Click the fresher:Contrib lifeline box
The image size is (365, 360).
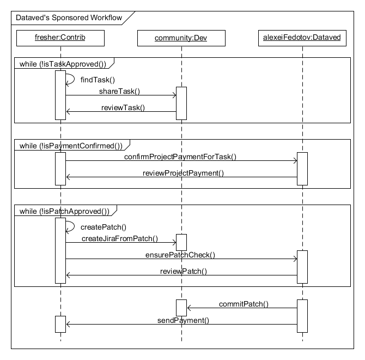click(x=60, y=38)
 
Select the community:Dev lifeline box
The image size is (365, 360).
click(x=181, y=38)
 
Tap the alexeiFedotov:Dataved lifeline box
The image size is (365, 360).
click(x=301, y=38)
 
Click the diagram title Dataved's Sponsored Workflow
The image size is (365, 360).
click(x=64, y=17)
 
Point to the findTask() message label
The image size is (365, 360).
click(x=98, y=80)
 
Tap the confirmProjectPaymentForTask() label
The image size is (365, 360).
click(x=180, y=157)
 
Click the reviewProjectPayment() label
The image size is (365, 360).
click(x=183, y=173)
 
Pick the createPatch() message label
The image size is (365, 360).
click(x=103, y=227)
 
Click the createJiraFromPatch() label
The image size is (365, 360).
click(x=120, y=238)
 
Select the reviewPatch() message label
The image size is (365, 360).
click(x=183, y=271)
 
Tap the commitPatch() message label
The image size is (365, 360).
click(x=244, y=304)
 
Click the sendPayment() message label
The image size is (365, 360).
click(x=183, y=320)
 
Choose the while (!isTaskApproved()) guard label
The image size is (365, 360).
click(x=62, y=63)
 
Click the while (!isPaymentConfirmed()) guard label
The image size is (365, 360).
click(x=68, y=145)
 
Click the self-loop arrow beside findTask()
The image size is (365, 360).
click(x=71, y=80)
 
